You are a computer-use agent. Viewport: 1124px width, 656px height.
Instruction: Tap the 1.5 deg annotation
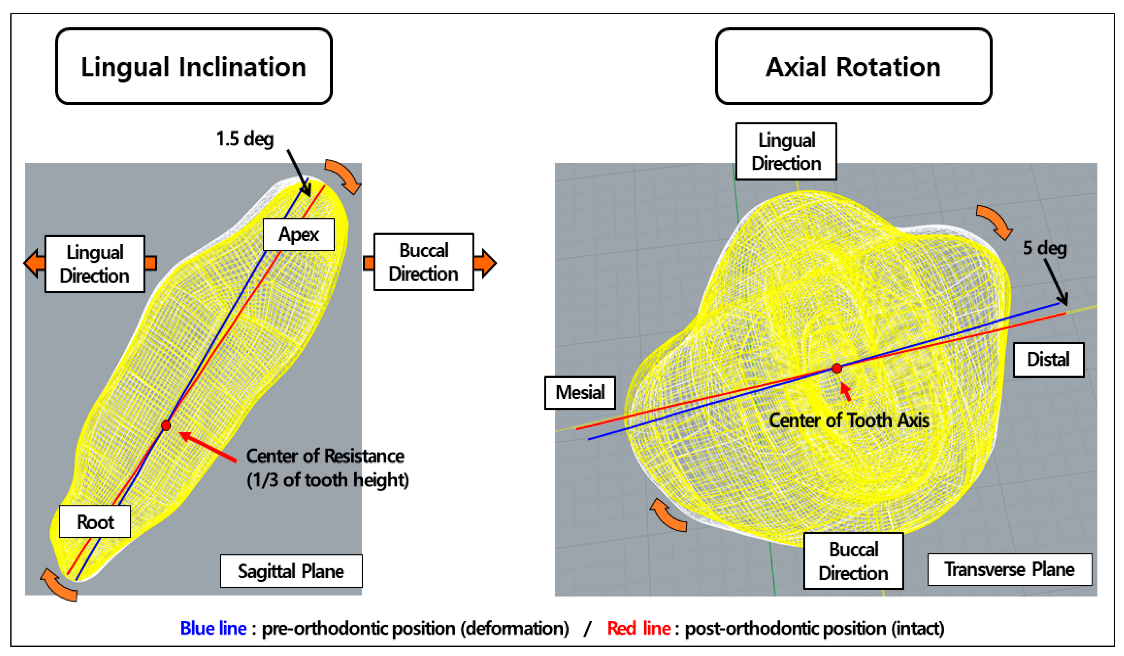(x=245, y=139)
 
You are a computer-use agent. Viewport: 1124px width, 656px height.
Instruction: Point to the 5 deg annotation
(x=1045, y=248)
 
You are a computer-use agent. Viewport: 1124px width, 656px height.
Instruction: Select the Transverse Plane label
(x=1009, y=569)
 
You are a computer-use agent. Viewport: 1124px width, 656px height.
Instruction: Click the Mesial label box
(x=580, y=393)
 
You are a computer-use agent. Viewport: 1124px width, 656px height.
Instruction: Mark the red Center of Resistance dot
(x=166, y=425)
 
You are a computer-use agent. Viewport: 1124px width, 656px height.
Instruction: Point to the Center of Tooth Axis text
(x=849, y=420)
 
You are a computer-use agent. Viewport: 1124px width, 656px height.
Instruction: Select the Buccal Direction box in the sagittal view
(x=423, y=262)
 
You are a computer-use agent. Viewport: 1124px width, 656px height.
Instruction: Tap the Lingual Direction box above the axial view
(x=786, y=152)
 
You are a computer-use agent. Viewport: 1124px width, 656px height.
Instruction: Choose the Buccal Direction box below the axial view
(x=853, y=561)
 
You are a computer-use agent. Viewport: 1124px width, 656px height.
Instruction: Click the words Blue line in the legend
(x=213, y=629)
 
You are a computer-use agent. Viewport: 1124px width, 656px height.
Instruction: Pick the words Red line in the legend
(x=639, y=629)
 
